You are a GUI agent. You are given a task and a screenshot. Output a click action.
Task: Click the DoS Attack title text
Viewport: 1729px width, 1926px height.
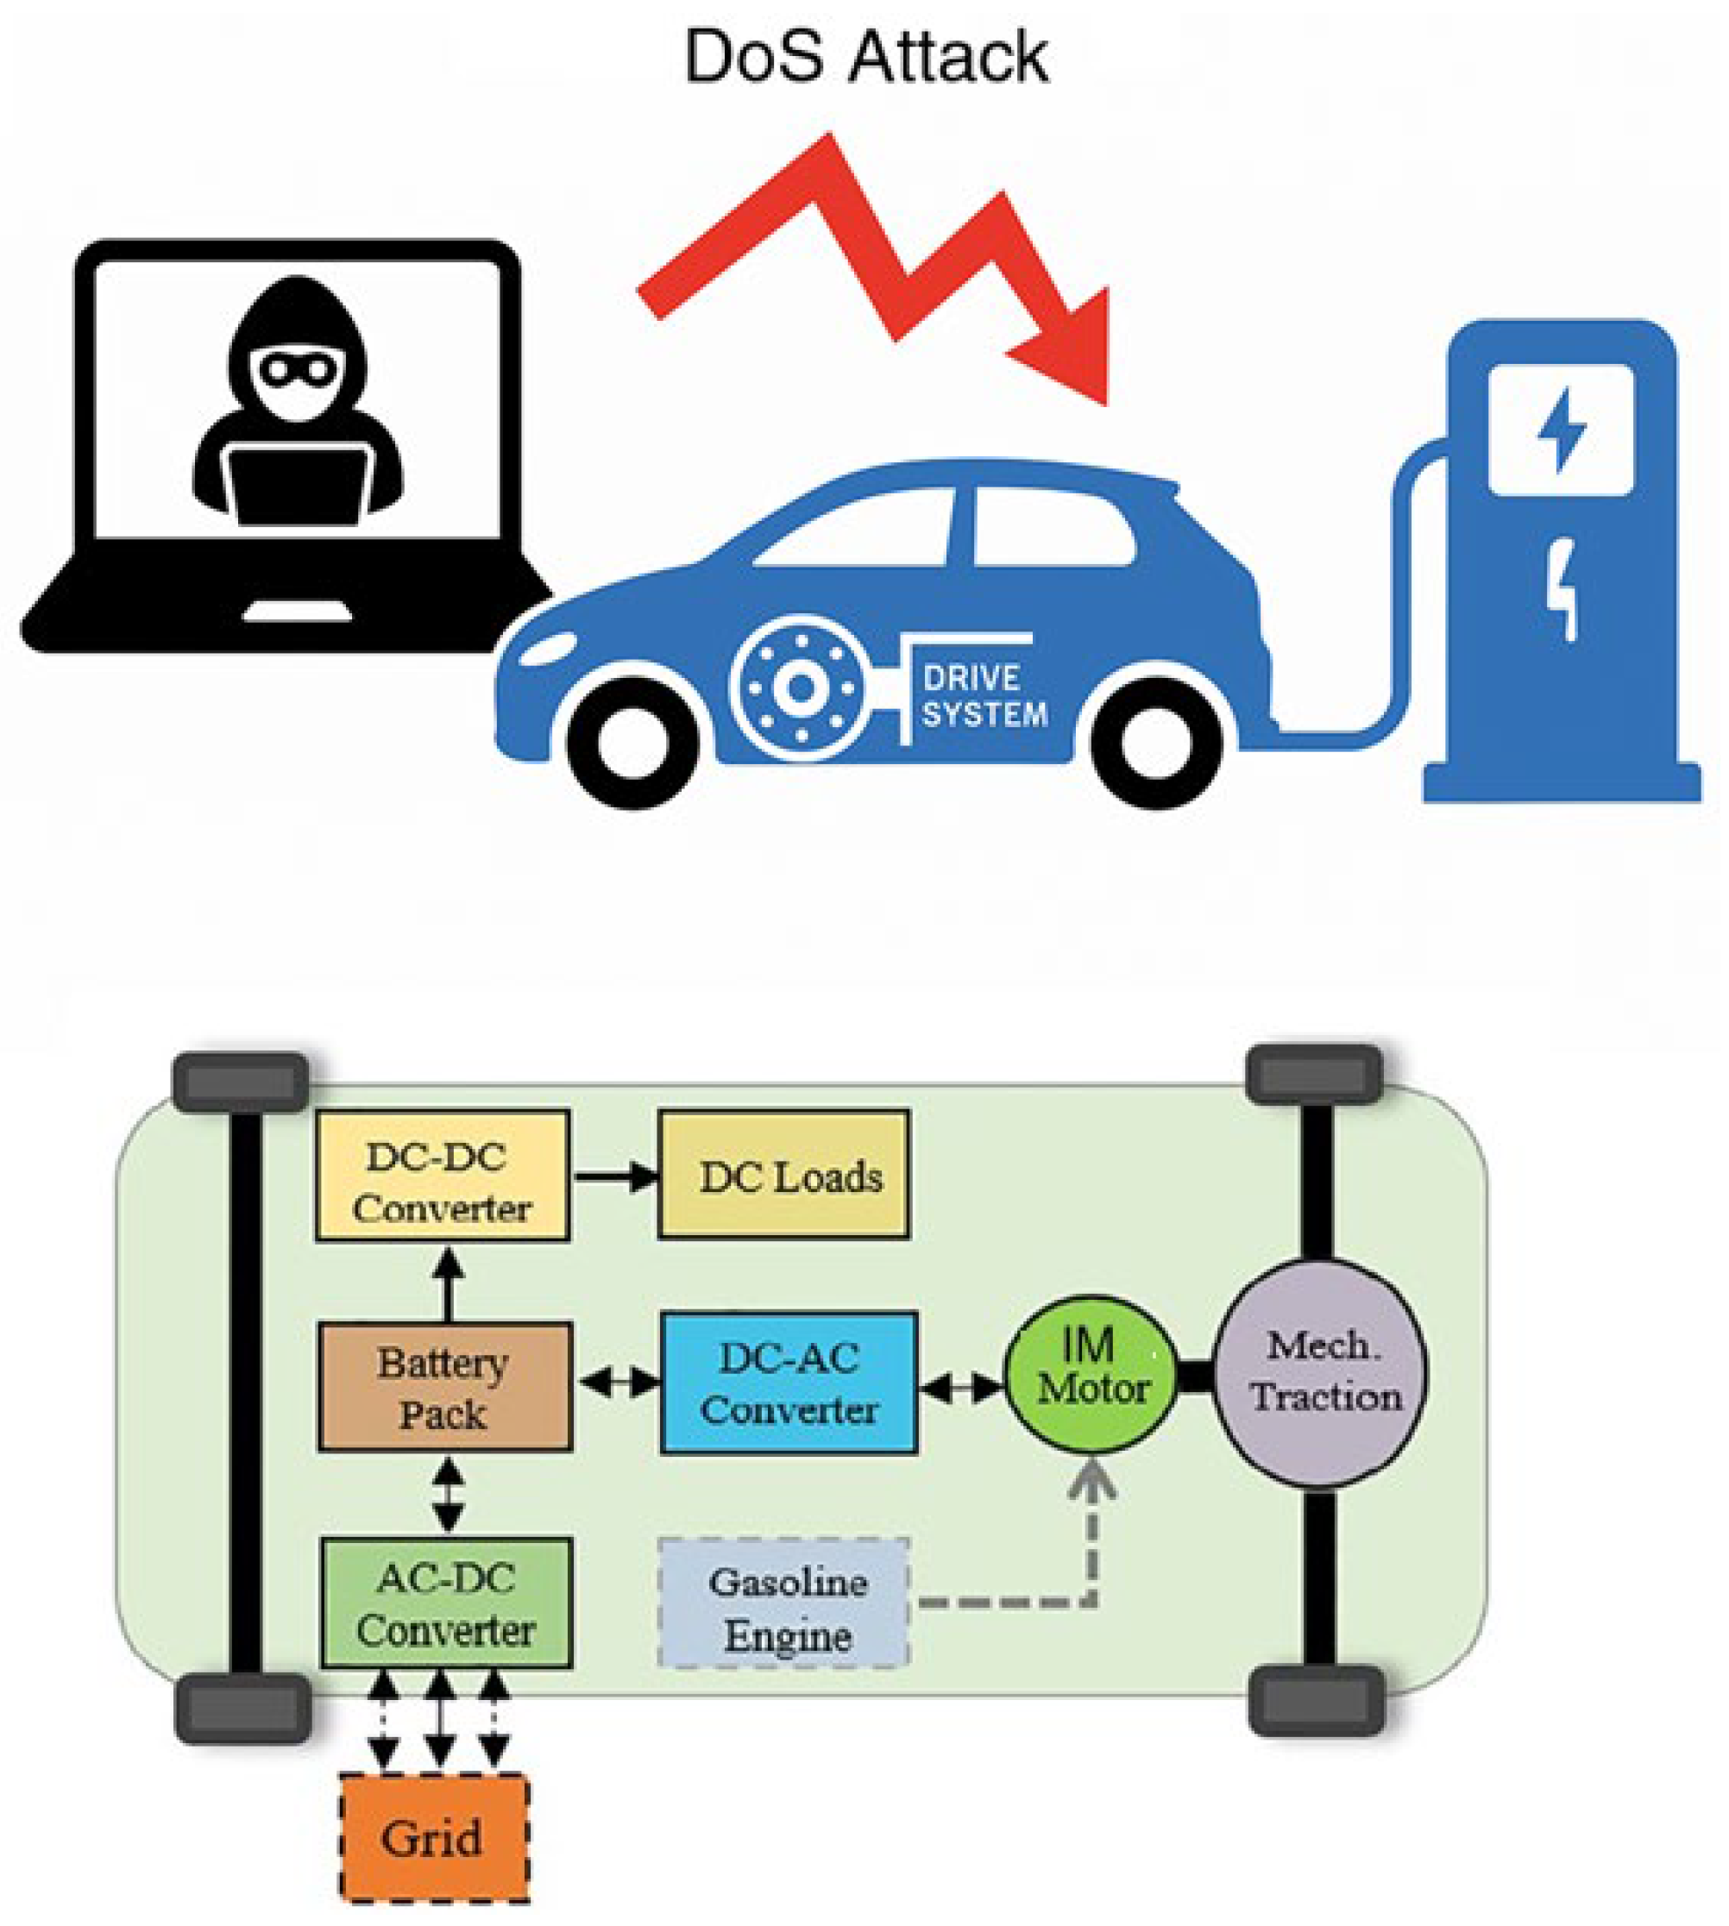pyautogui.click(x=865, y=57)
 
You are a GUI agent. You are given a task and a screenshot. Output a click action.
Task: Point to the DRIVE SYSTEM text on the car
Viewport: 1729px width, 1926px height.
pyautogui.click(x=984, y=696)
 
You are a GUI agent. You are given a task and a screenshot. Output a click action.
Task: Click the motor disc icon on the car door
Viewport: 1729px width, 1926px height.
pyautogui.click(x=801, y=687)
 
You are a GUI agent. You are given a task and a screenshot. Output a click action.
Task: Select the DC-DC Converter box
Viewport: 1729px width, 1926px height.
pyautogui.click(x=443, y=1175)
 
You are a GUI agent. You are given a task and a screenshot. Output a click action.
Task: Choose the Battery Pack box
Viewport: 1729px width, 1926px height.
pyautogui.click(x=444, y=1387)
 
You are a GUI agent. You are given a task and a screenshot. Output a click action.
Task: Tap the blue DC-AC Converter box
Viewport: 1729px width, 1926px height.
pyautogui.click(x=789, y=1383)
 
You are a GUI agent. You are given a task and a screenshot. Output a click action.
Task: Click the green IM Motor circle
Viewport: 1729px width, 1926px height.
pyautogui.click(x=1091, y=1373)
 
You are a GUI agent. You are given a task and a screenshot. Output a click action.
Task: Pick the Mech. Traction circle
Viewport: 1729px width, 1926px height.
pyautogui.click(x=1322, y=1373)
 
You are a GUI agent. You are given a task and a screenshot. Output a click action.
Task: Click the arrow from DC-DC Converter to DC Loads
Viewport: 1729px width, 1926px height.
pyautogui.click(x=616, y=1176)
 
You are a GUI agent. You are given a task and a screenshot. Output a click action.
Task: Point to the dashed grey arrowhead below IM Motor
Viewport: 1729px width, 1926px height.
pyautogui.click(x=1091, y=1483)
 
